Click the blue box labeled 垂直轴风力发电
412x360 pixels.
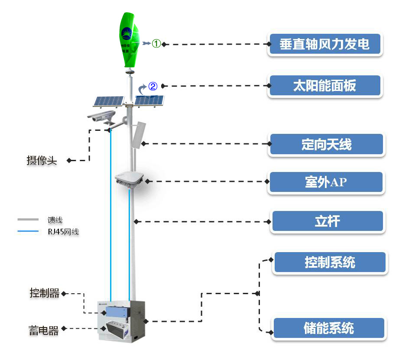click(324, 45)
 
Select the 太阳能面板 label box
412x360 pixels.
click(324, 86)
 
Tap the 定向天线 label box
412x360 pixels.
click(326, 144)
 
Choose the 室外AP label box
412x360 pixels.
click(326, 182)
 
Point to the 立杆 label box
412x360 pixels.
click(327, 221)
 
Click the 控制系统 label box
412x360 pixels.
click(330, 262)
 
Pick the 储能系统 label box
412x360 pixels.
click(328, 328)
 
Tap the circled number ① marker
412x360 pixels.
click(156, 43)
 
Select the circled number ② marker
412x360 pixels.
click(152, 86)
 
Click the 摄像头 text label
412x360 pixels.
click(42, 161)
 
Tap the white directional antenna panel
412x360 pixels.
click(140, 135)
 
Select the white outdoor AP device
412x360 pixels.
click(130, 179)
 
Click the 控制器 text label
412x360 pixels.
click(44, 293)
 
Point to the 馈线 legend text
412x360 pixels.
click(55, 221)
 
